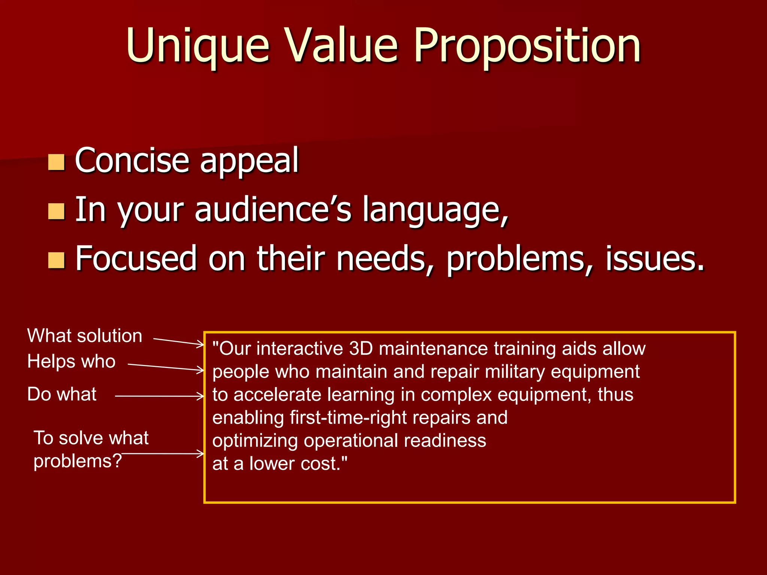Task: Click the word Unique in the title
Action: pyautogui.click(x=197, y=46)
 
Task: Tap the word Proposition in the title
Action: pyautogui.click(x=527, y=46)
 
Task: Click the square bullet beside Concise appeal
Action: pyautogui.click(x=57, y=162)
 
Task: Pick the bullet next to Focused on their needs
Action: pyautogui.click(x=57, y=260)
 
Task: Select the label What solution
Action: pyautogui.click(x=85, y=336)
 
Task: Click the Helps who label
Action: pyautogui.click(x=71, y=362)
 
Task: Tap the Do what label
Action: pyautogui.click(x=62, y=394)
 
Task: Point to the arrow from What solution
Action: pyautogui.click(x=179, y=341)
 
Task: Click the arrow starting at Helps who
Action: pyautogui.click(x=166, y=367)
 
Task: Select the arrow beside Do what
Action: pyautogui.click(x=159, y=396)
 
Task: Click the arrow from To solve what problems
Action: pyautogui.click(x=163, y=454)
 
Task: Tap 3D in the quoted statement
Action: pyautogui.click(x=361, y=349)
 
